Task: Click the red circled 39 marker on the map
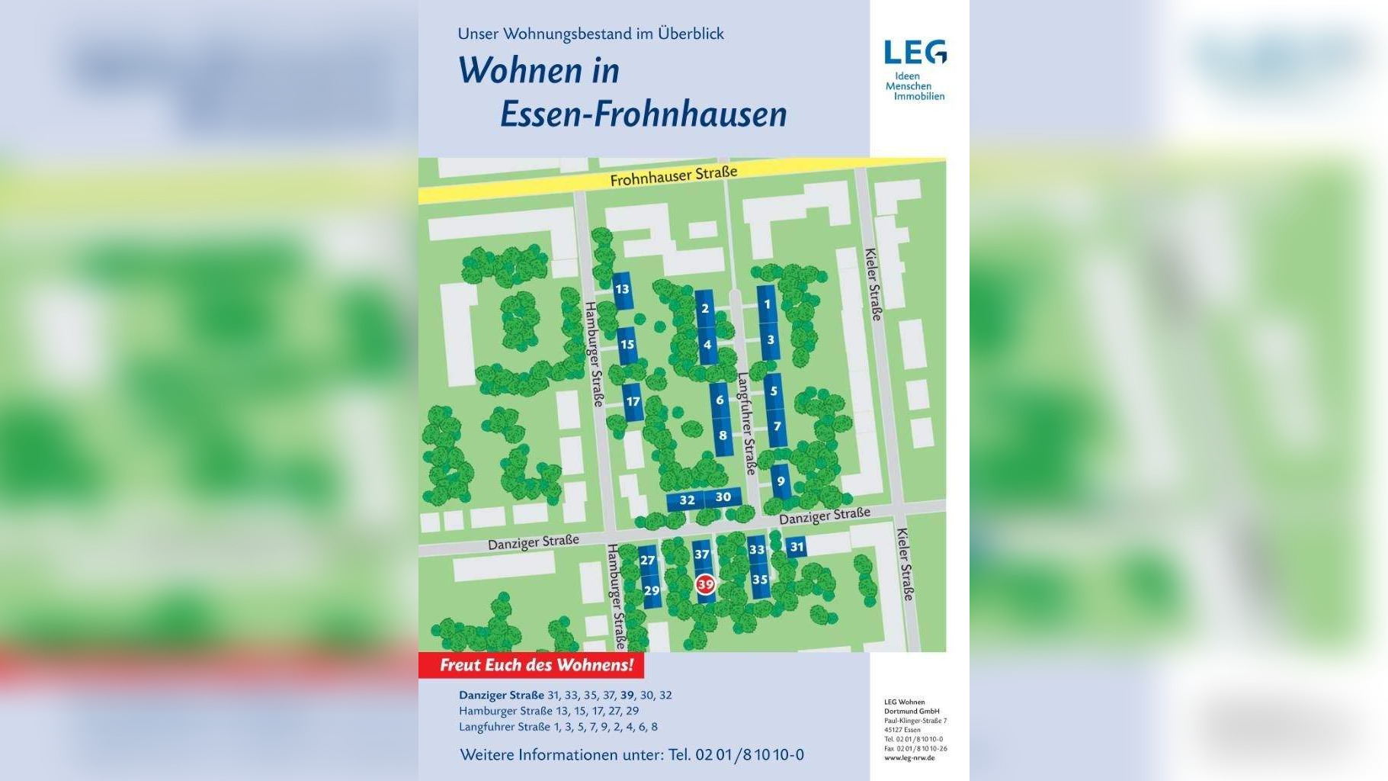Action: click(705, 585)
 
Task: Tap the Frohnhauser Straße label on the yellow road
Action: click(673, 176)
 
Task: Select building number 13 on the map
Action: click(622, 289)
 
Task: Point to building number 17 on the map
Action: click(633, 402)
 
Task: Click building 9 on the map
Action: click(781, 481)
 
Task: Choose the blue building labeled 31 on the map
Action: click(797, 547)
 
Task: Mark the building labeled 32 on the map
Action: click(687, 500)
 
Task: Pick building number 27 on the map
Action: click(648, 561)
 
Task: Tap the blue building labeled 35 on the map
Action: click(759, 580)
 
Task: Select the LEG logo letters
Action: click(915, 53)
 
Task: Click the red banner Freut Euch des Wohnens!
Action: click(536, 665)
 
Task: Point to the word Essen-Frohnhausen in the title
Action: click(643, 114)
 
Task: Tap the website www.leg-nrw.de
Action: click(909, 758)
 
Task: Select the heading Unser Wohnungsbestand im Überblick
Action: click(591, 34)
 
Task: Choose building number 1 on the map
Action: click(767, 304)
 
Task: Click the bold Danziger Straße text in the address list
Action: click(501, 695)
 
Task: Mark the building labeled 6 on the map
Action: click(720, 400)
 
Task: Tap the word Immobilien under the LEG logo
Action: click(919, 96)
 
